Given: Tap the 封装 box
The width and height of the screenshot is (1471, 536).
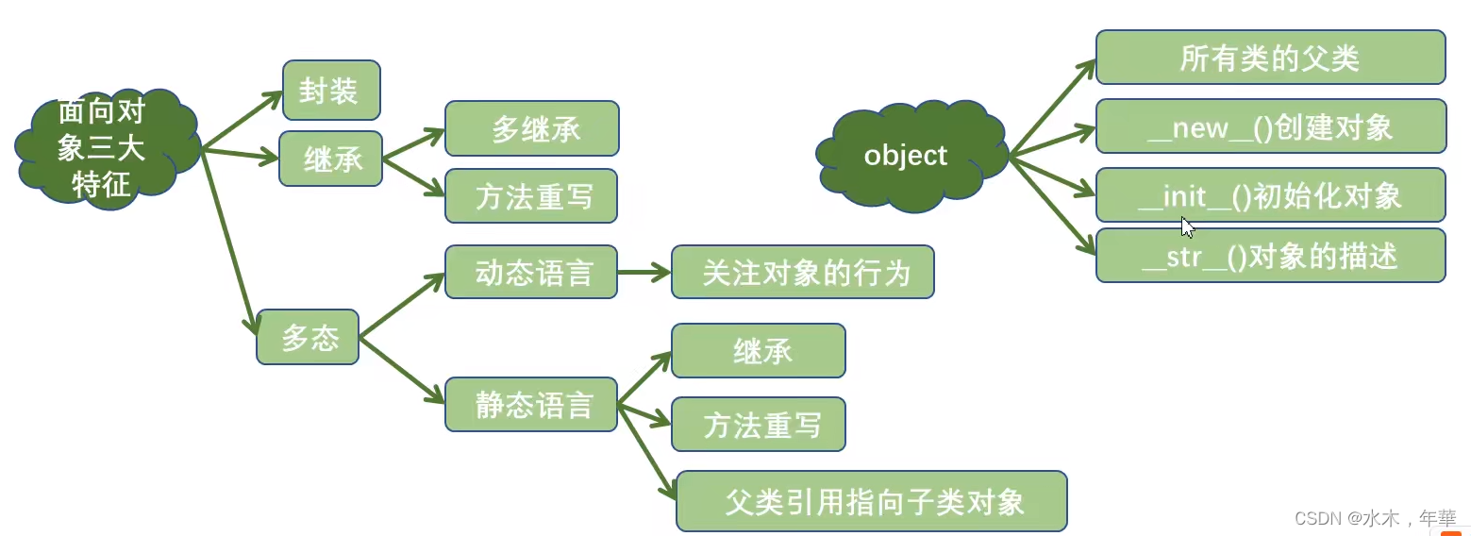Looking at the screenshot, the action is click(x=331, y=91).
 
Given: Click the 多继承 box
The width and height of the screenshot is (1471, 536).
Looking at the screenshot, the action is click(x=531, y=128).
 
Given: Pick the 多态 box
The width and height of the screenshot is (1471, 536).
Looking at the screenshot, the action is click(x=308, y=337).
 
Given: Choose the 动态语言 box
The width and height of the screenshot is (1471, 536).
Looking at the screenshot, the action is click(x=531, y=272).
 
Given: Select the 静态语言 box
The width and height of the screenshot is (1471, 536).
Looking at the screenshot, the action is click(x=531, y=404).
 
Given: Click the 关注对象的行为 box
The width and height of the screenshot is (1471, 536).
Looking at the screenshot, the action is click(x=802, y=272).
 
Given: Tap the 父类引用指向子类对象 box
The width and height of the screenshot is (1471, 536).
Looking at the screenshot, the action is click(x=871, y=501).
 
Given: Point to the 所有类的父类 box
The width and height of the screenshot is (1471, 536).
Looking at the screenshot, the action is click(x=1270, y=57).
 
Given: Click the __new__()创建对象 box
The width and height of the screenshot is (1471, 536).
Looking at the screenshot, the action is click(x=1270, y=126).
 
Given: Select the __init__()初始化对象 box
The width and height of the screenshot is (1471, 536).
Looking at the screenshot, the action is click(x=1270, y=194).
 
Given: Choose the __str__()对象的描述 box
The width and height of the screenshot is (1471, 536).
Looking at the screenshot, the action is click(x=1270, y=255).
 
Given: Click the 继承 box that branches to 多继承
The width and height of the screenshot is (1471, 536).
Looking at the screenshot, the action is click(x=331, y=159).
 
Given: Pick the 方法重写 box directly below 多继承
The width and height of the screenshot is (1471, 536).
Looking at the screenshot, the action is click(x=531, y=195).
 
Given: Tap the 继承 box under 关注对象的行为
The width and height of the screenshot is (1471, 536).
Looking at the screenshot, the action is click(x=758, y=350).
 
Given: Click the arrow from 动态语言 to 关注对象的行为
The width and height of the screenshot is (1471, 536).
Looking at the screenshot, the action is click(x=644, y=272).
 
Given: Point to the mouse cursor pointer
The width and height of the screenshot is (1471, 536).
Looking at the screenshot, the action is click(x=1187, y=226).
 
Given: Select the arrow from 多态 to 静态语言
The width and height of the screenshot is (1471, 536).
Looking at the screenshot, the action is click(x=401, y=370).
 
